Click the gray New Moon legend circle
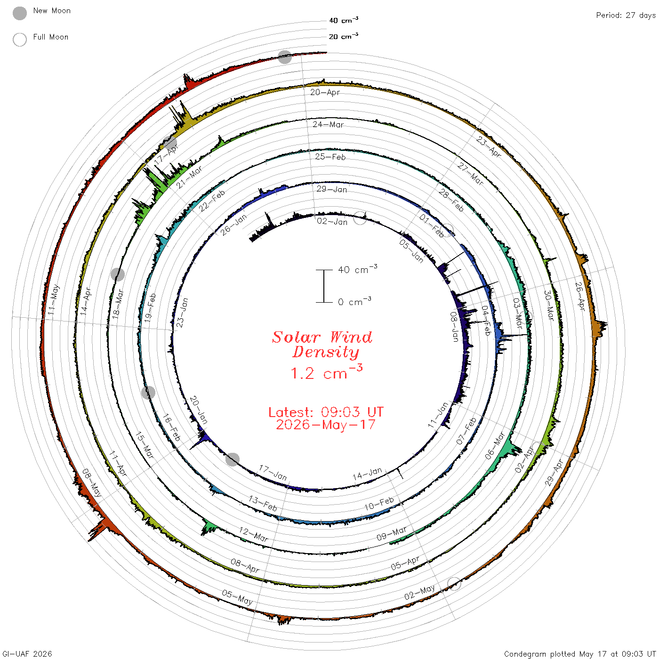pos(20,13)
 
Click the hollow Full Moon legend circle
pos(20,40)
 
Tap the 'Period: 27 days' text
pos(626,16)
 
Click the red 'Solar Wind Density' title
pos(322,345)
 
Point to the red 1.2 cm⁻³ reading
pos(326,372)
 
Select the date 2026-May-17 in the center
pos(326,425)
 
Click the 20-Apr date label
pos(325,92)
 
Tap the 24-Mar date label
pos(328,124)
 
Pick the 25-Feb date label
pos(330,157)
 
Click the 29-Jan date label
pos(332,189)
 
